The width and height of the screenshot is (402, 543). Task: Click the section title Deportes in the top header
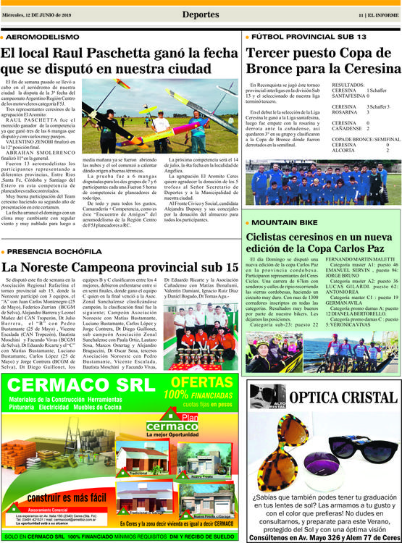point(201,14)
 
